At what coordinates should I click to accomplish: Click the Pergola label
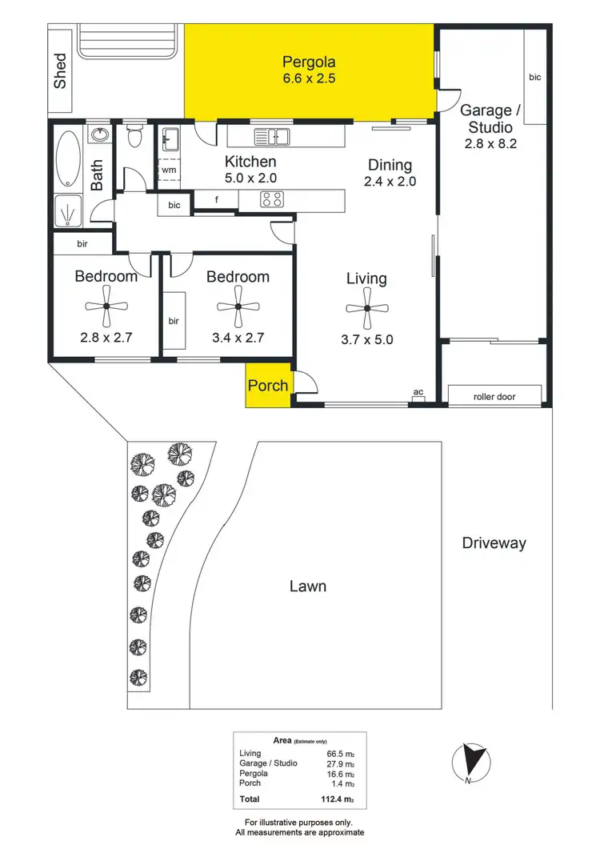pos(309,62)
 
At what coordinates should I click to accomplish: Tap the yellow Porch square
pos(268,385)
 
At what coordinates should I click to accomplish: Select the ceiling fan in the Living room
pos(366,308)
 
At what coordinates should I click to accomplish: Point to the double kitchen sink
pos(272,137)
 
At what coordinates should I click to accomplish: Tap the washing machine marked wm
pos(169,170)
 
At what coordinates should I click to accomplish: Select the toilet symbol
pos(134,138)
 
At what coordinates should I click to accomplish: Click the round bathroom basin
pos(100,134)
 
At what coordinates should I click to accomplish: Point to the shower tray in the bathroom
pos(70,210)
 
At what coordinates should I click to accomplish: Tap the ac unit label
pos(417,392)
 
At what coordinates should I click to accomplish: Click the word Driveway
pos(494,543)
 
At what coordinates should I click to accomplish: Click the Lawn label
pos(307,587)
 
